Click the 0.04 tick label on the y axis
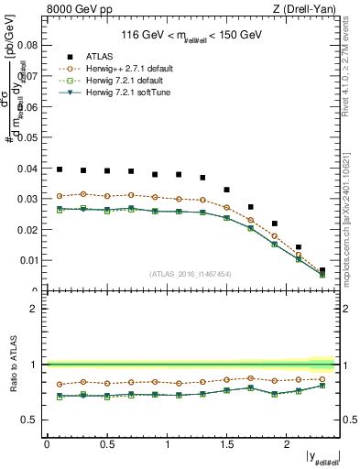29,168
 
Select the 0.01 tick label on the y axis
29,260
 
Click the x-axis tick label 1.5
226,444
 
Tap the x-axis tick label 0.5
106,444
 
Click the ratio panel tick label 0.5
29,420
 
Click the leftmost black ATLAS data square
60,169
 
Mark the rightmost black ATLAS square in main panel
322,270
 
